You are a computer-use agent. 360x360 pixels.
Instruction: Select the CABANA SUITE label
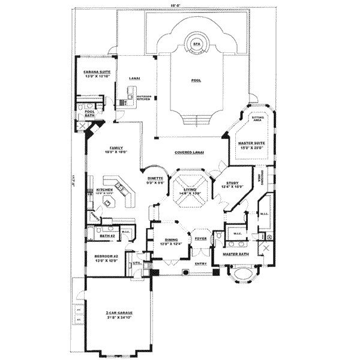97,72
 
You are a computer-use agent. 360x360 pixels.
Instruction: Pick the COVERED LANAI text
189,152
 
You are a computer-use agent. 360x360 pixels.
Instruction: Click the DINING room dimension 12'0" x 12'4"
170,244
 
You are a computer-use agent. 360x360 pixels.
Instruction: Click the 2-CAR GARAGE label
118,313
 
